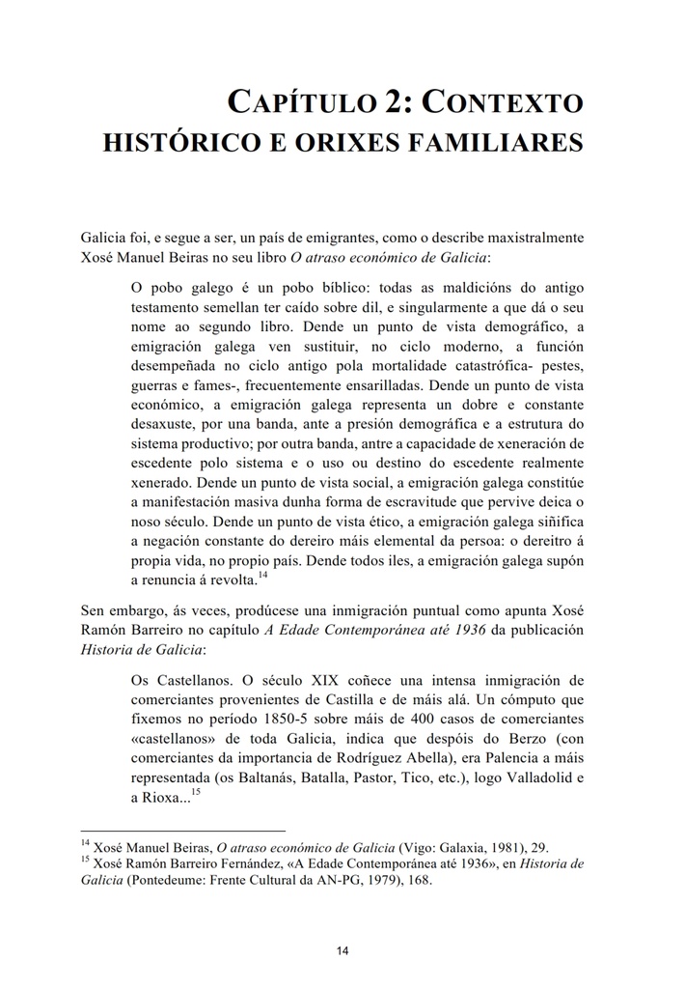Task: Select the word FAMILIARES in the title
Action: coord(499,143)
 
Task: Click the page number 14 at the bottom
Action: coord(342,951)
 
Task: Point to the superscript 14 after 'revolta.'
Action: coord(263,576)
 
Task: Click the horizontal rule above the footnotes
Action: coord(183,831)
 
